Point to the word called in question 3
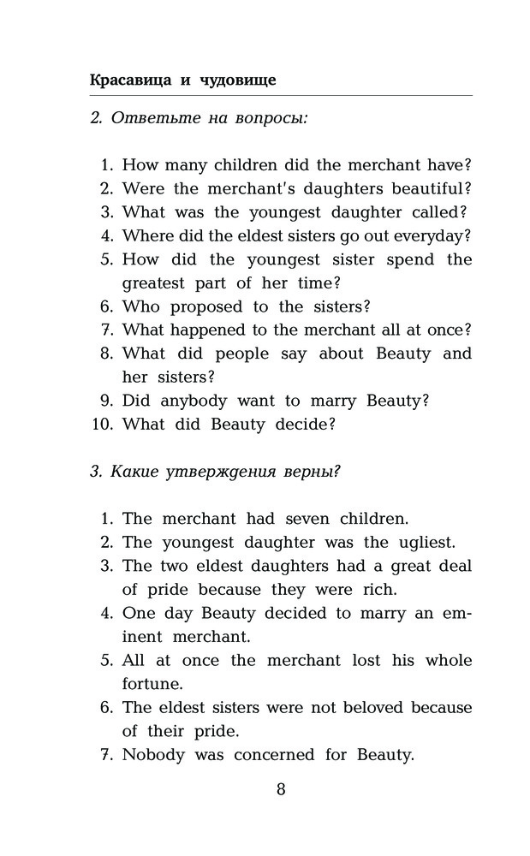433,211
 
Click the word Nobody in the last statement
154,755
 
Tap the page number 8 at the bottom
282,789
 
